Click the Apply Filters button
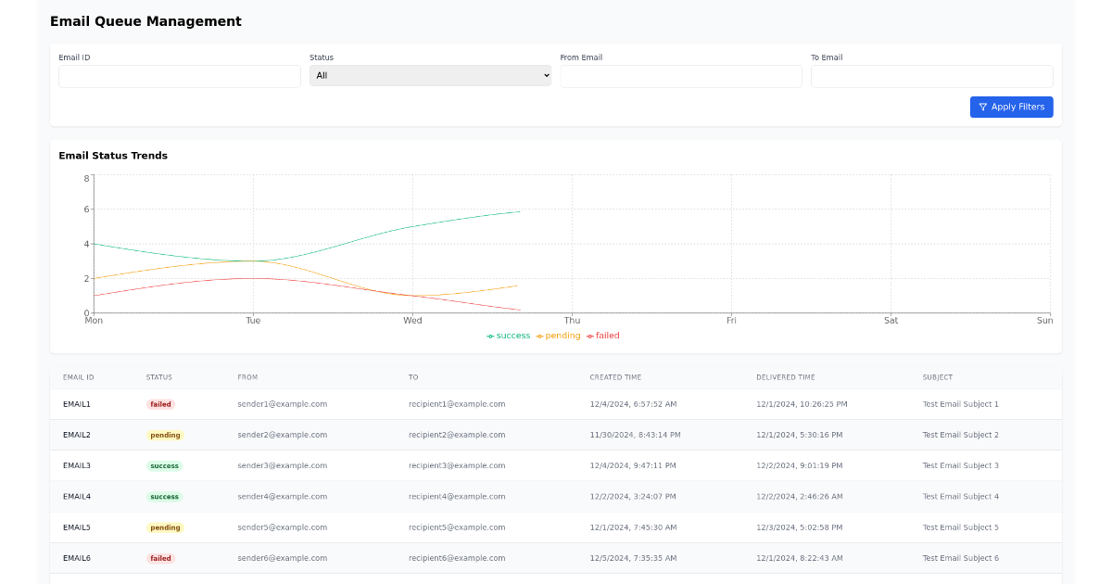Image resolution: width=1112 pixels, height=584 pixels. [x=1011, y=108]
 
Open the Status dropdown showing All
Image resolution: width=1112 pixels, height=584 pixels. [x=430, y=76]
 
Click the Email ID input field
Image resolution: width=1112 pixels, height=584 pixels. [x=180, y=76]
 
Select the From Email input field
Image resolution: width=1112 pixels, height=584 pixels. [x=681, y=76]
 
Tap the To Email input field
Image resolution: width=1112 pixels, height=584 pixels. [x=931, y=76]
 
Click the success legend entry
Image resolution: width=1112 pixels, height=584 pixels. [x=509, y=336]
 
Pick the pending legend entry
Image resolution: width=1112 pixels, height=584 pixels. [x=559, y=336]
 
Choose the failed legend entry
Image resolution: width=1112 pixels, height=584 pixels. [x=603, y=336]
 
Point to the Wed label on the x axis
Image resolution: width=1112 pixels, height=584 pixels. [x=412, y=321]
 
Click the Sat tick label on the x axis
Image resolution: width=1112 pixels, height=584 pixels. [x=891, y=321]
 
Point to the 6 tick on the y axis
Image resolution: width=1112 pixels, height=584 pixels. [x=86, y=209]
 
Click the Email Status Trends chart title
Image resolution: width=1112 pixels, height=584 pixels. [x=113, y=156]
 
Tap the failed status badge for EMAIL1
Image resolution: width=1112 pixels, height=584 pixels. [x=161, y=404]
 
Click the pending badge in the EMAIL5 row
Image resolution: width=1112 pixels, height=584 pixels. [x=165, y=527]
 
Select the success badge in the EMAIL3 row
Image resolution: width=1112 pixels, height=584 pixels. [x=164, y=466]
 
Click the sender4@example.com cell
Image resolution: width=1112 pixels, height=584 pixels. [x=282, y=497]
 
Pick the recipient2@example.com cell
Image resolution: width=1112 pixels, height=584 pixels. [x=457, y=435]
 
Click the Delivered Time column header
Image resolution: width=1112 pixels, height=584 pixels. [x=785, y=377]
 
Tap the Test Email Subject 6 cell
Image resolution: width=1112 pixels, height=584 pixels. [x=960, y=558]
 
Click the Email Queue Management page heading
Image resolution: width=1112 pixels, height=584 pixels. [x=145, y=21]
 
